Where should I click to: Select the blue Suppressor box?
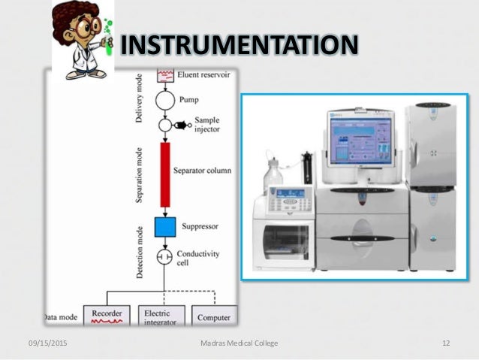[164, 226]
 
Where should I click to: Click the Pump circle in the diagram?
[164, 98]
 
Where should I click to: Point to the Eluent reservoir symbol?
[164, 74]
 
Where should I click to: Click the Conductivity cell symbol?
[164, 258]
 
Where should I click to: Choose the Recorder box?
[107, 315]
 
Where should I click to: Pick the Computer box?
[213, 316]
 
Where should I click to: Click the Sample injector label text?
[207, 125]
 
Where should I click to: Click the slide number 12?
[445, 343]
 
